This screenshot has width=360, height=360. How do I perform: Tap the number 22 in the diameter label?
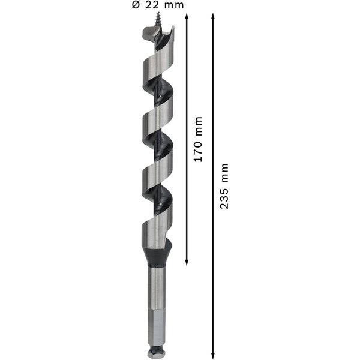pyautogui.click(x=153, y=5)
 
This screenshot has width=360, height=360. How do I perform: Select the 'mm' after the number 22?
pyautogui.click(x=174, y=5)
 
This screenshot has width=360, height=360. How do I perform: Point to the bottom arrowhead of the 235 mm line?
pyautogui.click(x=213, y=355)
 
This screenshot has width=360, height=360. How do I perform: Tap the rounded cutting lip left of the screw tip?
pyautogui.click(x=148, y=37)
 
